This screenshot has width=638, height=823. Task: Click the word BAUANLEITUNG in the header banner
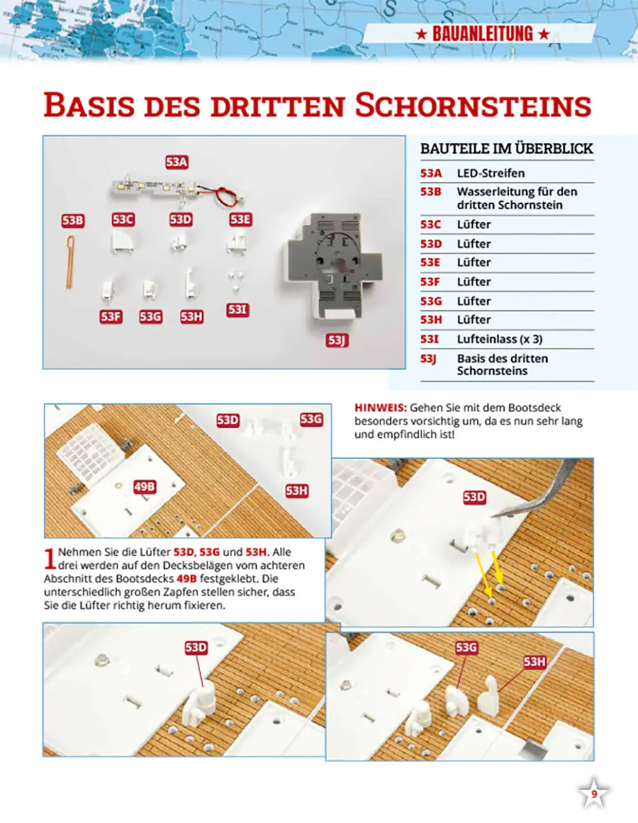[x=481, y=33]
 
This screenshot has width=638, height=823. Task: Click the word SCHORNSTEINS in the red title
[x=473, y=106]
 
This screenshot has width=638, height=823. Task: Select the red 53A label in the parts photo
[x=177, y=162]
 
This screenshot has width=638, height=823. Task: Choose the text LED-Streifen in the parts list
[x=491, y=173]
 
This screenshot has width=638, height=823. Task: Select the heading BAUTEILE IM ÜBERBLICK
[x=507, y=149]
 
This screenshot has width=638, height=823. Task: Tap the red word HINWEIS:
[x=379, y=408]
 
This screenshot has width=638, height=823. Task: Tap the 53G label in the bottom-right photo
[x=466, y=647]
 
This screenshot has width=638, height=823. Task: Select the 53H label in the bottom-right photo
[x=535, y=662]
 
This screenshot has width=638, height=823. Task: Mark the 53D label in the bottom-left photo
[x=196, y=647]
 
